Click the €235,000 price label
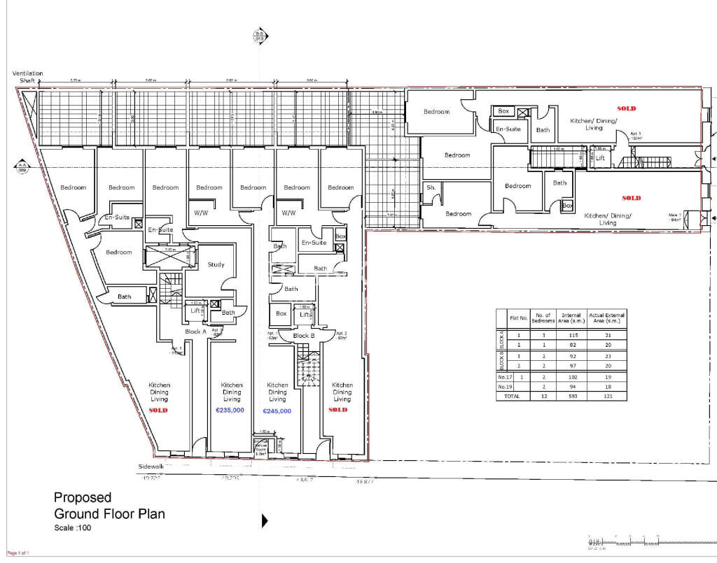230,411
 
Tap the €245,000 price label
277,411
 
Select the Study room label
216,264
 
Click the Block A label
195,332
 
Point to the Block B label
305,336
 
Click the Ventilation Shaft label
27,77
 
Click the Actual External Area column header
606,318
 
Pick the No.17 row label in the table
501,376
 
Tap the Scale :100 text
72,527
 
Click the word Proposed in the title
83,497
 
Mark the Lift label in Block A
195,310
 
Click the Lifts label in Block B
305,315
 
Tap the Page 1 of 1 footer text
15,553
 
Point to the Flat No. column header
518,318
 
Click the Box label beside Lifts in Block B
281,314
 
